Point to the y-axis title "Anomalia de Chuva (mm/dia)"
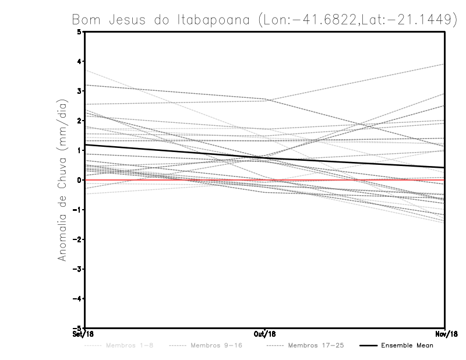click(x=62, y=179)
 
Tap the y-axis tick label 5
click(x=79, y=31)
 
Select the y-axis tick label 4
click(x=79, y=61)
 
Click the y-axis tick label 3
click(x=79, y=91)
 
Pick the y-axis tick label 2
click(x=79, y=121)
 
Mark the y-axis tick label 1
click(x=79, y=150)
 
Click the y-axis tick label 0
click(x=79, y=180)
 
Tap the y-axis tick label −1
click(x=78, y=210)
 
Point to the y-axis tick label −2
click(x=78, y=239)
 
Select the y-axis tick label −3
click(x=78, y=269)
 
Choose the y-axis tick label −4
click(x=78, y=299)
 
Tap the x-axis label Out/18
click(x=264, y=334)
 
